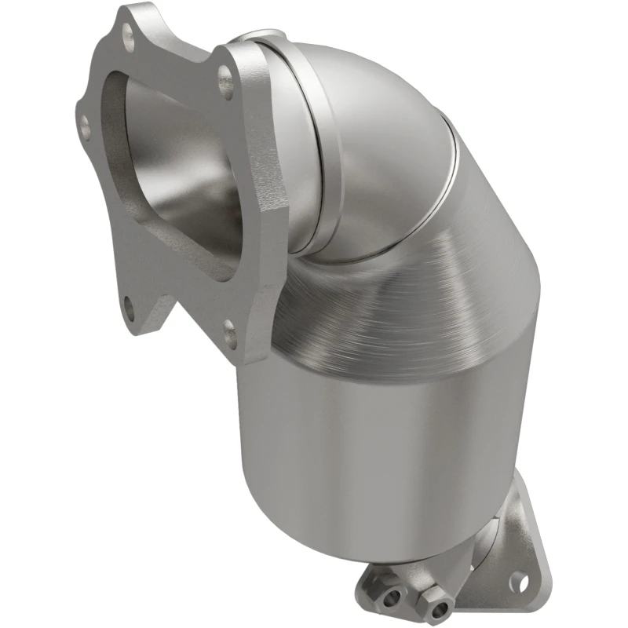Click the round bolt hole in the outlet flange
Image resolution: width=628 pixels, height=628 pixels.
[x=516, y=582]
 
